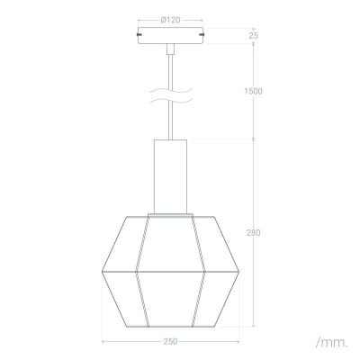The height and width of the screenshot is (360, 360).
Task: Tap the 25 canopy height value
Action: (x=253, y=35)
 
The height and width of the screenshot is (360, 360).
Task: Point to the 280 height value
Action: (x=254, y=233)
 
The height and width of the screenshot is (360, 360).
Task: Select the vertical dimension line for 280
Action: (x=253, y=270)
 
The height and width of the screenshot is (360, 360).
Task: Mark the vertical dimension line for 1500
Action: (x=253, y=117)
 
